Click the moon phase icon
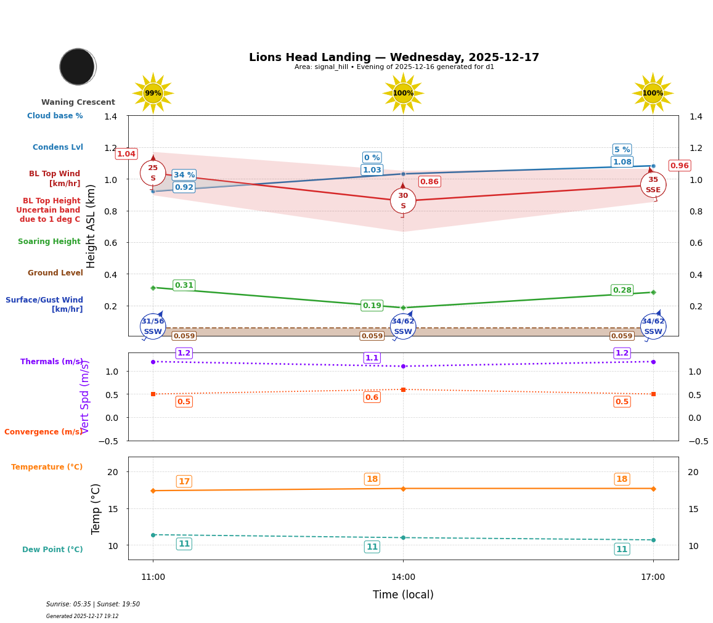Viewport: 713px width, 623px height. (x=78, y=67)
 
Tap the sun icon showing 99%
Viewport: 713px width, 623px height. (x=153, y=93)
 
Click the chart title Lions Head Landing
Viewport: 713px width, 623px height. (x=394, y=57)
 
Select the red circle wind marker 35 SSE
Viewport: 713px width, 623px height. (x=653, y=185)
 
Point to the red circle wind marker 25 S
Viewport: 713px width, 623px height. (x=153, y=173)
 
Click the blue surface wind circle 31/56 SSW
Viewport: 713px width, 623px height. (x=153, y=326)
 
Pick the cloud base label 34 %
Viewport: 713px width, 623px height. (x=184, y=175)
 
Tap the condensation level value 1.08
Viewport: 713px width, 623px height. (x=622, y=162)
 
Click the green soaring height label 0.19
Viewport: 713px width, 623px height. (x=372, y=306)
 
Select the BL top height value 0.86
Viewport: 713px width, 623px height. (x=430, y=182)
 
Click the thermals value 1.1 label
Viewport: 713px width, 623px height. (x=372, y=358)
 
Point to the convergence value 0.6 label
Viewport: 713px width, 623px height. (x=372, y=397)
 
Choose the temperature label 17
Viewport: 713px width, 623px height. (x=184, y=481)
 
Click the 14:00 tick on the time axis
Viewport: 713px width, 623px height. (x=403, y=577)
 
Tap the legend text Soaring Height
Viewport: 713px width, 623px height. (x=49, y=242)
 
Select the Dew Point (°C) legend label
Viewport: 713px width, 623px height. (x=52, y=550)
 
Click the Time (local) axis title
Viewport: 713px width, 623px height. (x=403, y=595)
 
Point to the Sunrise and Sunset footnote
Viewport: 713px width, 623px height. (x=93, y=605)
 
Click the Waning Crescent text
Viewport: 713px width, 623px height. (x=78, y=102)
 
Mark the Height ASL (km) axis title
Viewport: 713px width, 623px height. (x=91, y=226)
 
